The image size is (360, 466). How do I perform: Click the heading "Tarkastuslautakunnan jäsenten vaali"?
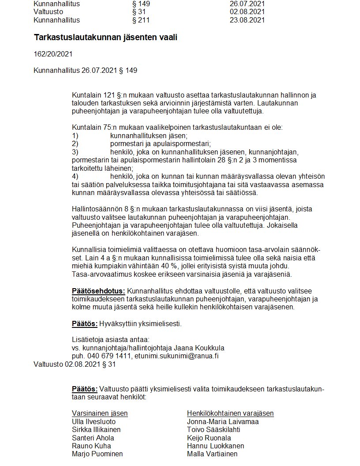(105, 38)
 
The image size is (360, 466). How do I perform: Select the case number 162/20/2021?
(53, 54)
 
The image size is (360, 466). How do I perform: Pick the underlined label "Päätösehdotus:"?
(98, 291)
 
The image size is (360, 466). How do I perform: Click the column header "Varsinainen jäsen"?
(100, 413)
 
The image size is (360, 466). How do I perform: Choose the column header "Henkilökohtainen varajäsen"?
(230, 413)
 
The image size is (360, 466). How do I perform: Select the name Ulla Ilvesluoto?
(94, 421)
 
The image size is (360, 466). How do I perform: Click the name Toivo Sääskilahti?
(214, 429)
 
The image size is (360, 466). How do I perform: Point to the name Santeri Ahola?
(93, 438)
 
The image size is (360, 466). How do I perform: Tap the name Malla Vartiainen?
(212, 454)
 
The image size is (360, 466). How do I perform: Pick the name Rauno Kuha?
(89, 446)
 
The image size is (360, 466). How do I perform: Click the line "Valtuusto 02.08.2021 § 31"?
(75, 365)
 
